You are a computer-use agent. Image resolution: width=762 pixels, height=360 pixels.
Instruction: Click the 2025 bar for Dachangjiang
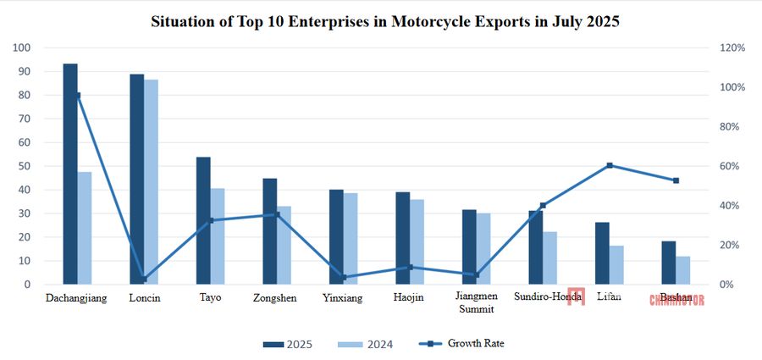[x=70, y=174]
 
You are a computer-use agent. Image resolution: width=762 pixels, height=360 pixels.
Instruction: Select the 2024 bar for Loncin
[x=151, y=182]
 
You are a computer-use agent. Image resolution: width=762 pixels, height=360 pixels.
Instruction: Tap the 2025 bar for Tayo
[x=203, y=220]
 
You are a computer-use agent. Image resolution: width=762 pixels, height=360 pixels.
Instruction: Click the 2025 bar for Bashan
[x=669, y=263]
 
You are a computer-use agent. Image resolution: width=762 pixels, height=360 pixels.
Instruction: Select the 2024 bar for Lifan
[x=616, y=265]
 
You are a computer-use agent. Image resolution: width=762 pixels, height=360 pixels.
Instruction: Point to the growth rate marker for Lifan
[x=610, y=165]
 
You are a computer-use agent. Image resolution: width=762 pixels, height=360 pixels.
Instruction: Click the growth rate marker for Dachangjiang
[x=78, y=95]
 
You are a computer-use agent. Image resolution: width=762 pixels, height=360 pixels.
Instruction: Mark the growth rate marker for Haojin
[x=410, y=267]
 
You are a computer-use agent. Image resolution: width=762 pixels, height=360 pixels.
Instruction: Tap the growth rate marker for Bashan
[x=676, y=180]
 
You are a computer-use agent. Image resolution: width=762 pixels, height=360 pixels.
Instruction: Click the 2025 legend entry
[x=288, y=344]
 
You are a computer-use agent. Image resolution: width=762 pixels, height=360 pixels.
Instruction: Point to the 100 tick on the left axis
[x=23, y=48]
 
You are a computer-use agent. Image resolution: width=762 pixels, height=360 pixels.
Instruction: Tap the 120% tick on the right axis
[x=731, y=48]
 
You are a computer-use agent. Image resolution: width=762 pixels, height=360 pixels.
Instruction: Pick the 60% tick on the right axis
[x=728, y=167]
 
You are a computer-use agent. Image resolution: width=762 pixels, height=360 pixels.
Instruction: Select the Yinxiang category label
[x=344, y=298]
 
